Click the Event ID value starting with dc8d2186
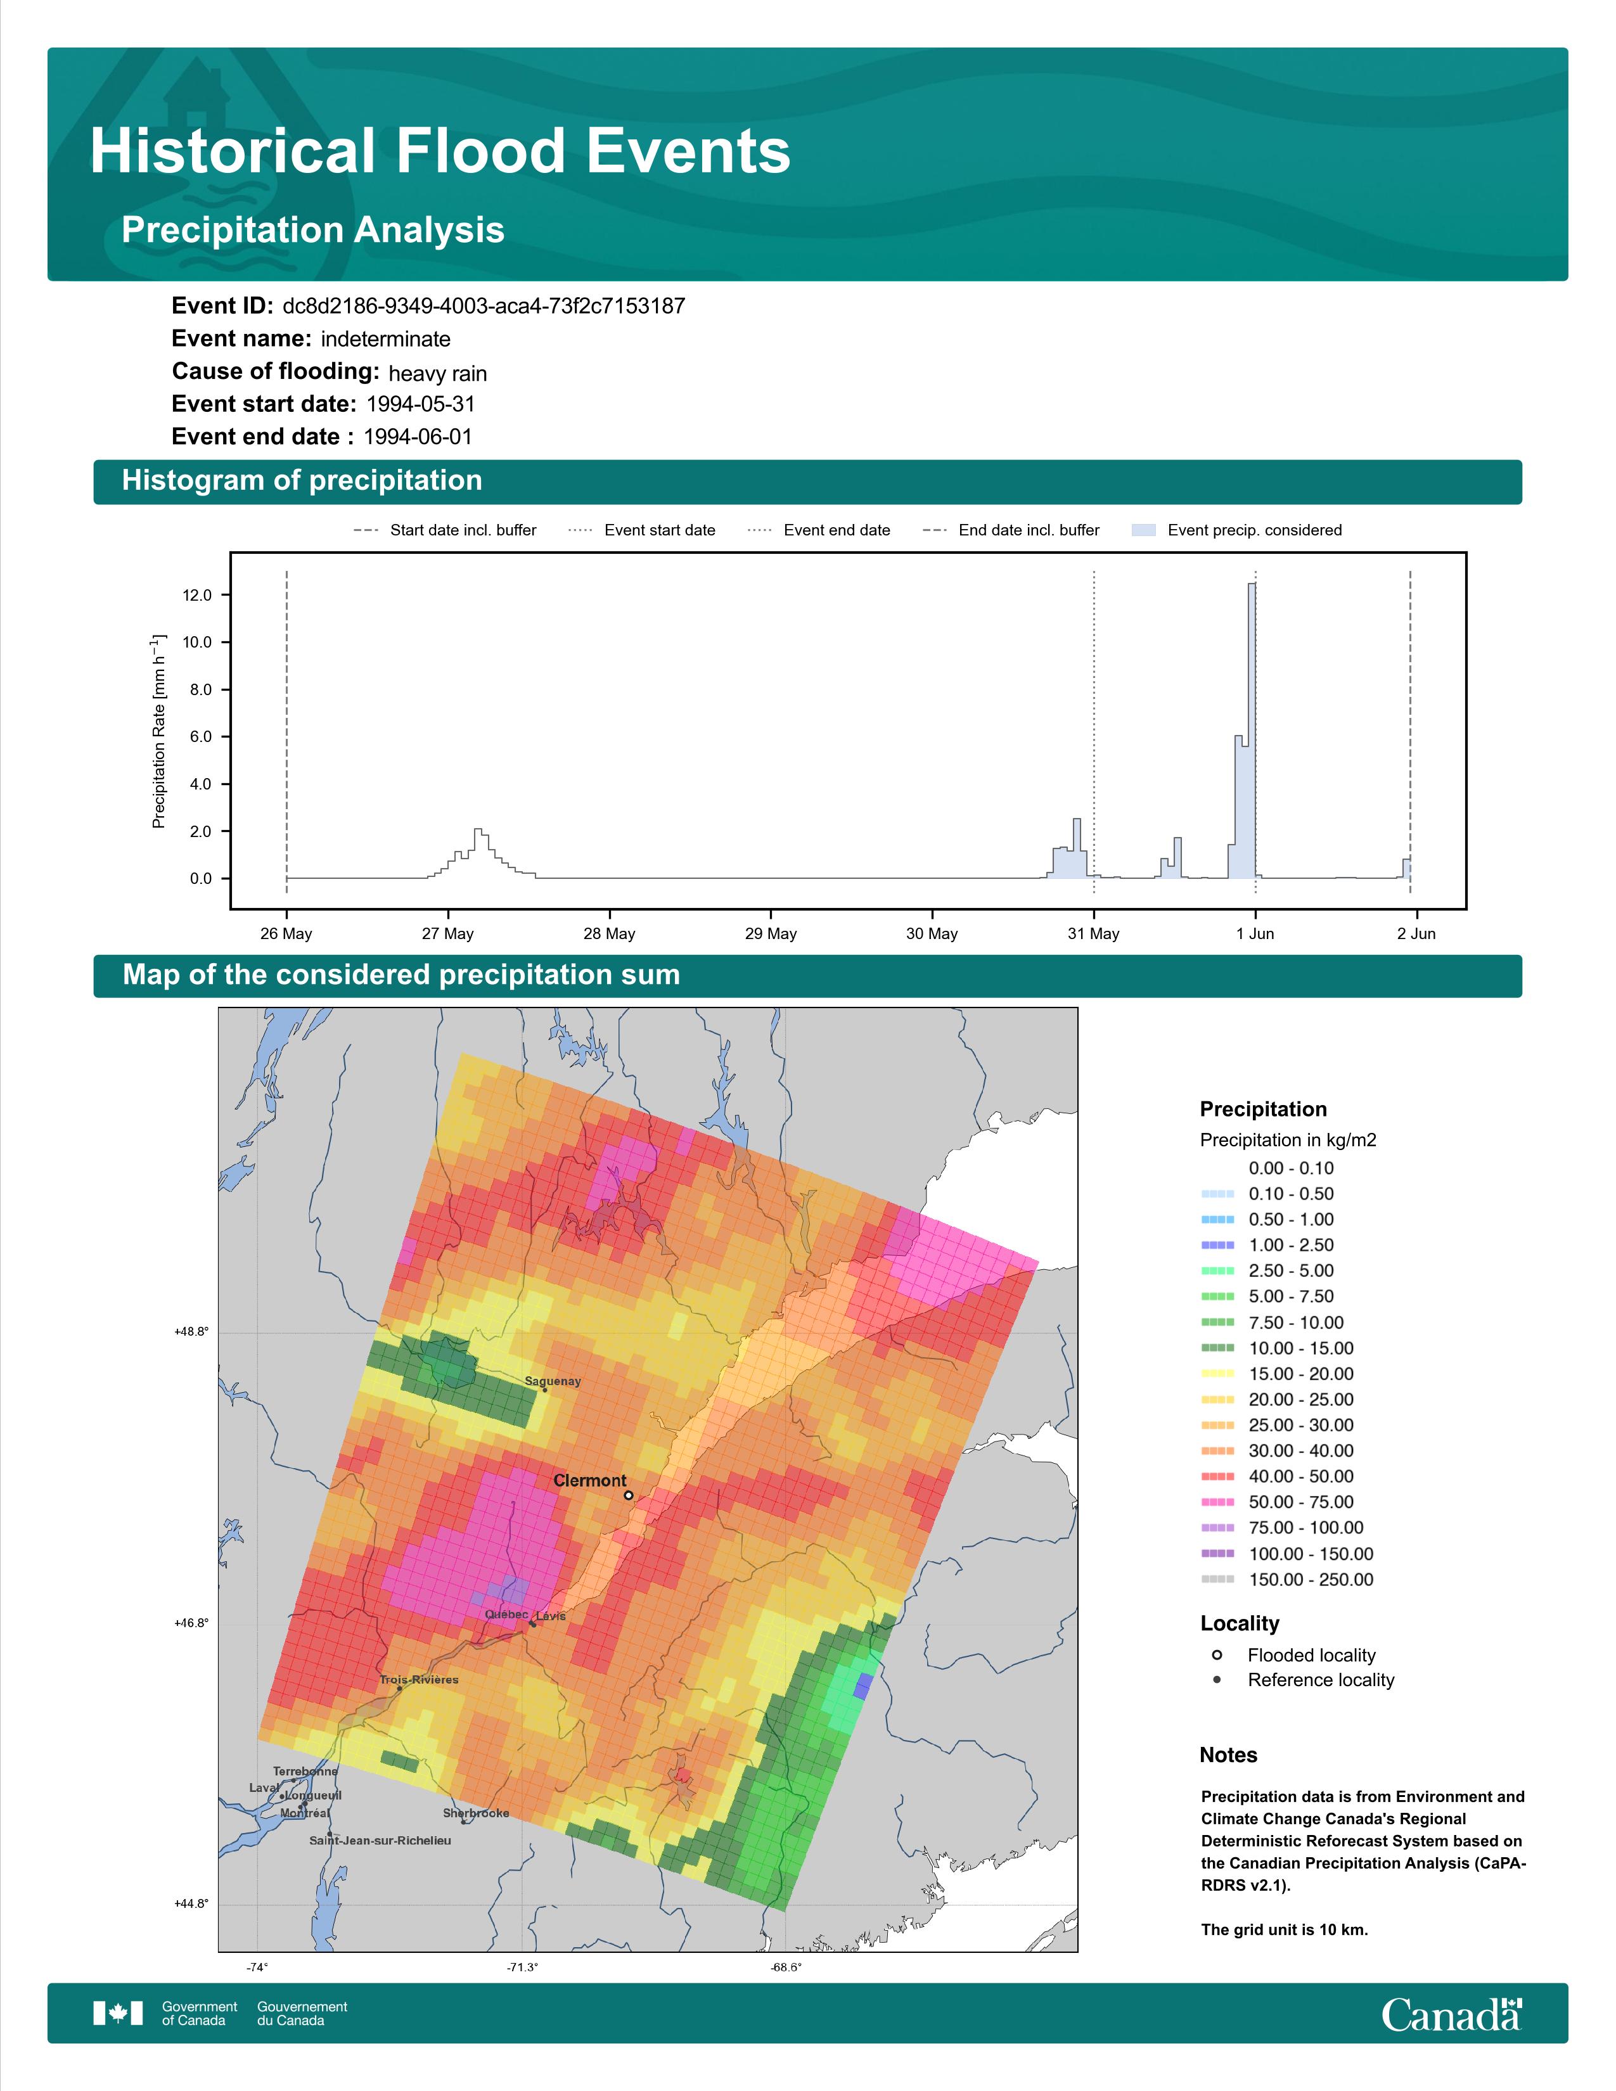point(484,307)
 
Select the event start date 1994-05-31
point(420,404)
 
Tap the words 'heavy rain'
point(437,373)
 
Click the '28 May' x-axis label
point(609,933)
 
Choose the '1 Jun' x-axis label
point(1255,933)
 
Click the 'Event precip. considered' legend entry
point(1237,530)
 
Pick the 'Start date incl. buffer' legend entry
point(445,530)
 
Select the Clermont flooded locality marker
point(628,1495)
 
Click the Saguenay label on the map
point(553,1381)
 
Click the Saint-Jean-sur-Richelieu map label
point(380,1840)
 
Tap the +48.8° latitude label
point(191,1332)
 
